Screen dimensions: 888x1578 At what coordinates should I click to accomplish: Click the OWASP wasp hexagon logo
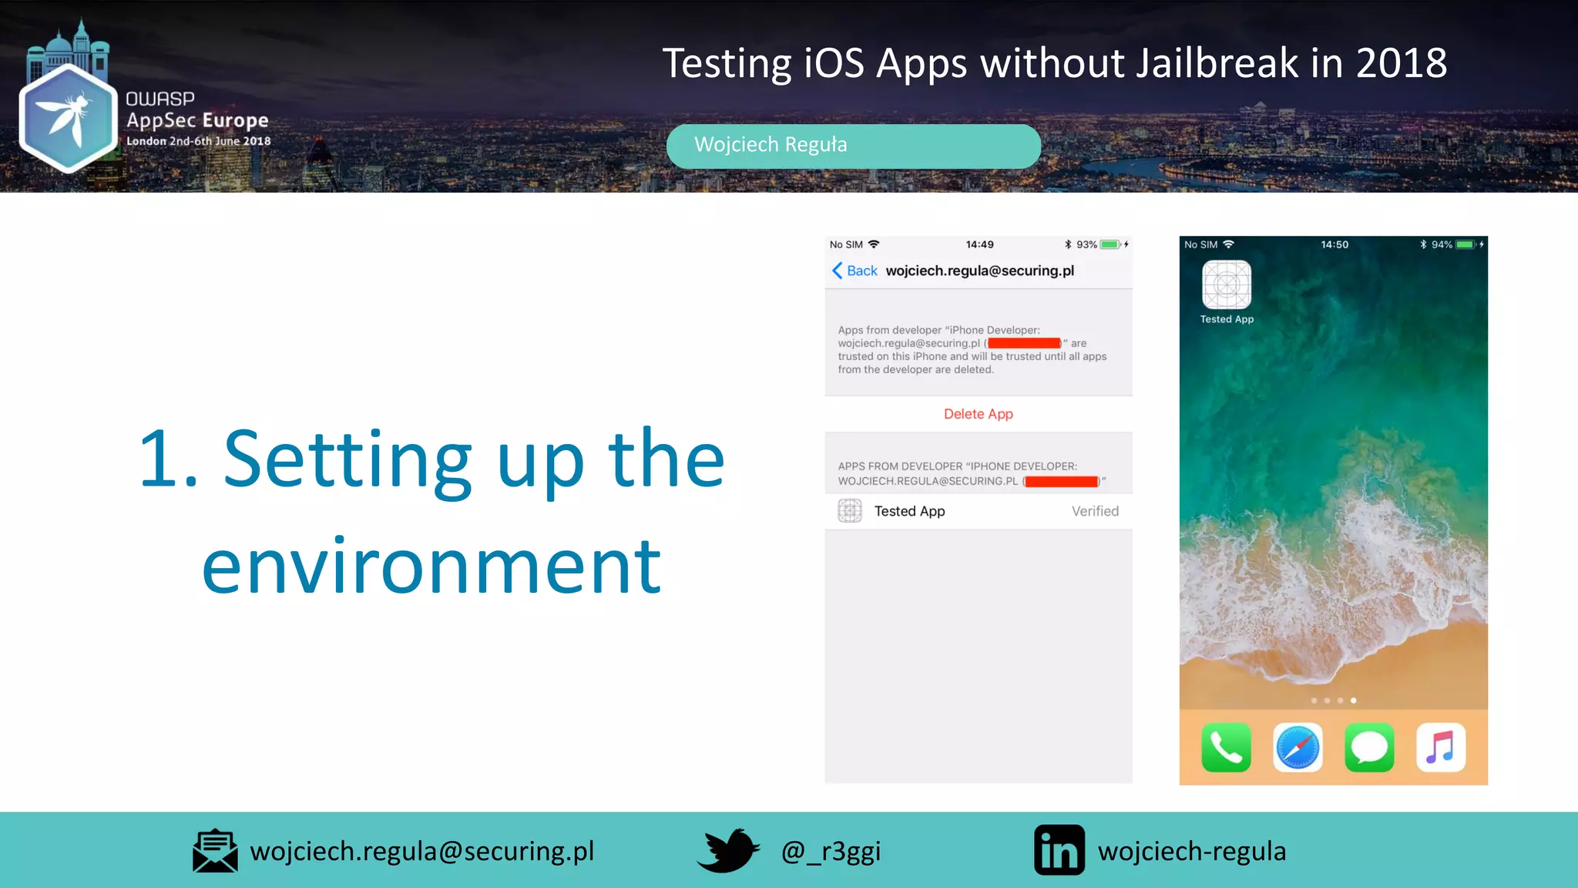[68, 117]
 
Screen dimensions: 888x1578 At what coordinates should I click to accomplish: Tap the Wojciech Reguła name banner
[853, 146]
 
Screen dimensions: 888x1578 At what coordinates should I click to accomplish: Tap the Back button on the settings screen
[854, 271]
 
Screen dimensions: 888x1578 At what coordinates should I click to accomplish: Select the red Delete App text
[978, 414]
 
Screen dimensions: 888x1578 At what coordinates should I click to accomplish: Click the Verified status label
[1094, 511]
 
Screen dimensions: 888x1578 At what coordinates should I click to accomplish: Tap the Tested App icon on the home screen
[1226, 285]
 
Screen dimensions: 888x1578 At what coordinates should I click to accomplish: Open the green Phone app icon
[1226, 747]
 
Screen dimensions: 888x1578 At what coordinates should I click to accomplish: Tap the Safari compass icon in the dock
[1298, 747]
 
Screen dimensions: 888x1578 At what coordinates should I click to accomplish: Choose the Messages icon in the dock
[1369, 747]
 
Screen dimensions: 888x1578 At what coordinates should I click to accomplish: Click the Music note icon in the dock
[1440, 747]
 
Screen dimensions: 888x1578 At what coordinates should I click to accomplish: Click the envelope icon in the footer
[215, 851]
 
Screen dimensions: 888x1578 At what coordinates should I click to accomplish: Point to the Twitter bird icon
[727, 850]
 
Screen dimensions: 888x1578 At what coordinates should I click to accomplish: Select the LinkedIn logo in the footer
[1059, 850]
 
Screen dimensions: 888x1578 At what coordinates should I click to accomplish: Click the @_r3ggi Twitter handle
[831, 851]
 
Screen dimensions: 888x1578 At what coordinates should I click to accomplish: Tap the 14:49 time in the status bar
[979, 244]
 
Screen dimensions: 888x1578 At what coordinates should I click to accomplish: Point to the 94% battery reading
[1442, 244]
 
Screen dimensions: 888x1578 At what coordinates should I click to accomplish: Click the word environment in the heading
[431, 567]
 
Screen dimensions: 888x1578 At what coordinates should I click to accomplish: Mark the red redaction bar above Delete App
[1024, 343]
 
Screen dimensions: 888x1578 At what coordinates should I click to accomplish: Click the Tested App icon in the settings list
[849, 510]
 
